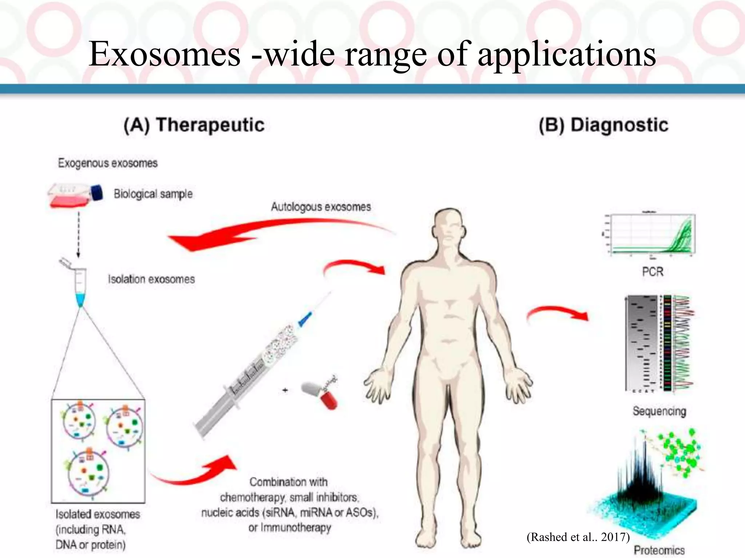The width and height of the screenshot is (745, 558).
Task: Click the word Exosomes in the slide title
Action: [164, 54]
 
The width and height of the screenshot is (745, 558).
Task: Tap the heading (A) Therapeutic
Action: [194, 125]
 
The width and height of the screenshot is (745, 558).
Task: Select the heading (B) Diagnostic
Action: [603, 125]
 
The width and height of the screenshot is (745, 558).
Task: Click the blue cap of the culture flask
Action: [97, 193]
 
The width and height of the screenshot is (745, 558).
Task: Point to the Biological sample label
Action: [153, 194]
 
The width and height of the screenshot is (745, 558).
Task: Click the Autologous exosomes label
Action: [321, 207]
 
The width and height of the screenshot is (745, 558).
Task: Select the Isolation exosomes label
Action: [151, 279]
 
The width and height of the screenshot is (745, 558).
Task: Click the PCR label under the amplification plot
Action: [653, 272]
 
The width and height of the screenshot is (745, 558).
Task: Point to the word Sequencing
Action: [659, 411]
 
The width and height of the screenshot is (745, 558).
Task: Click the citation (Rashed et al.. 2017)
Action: [578, 537]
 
